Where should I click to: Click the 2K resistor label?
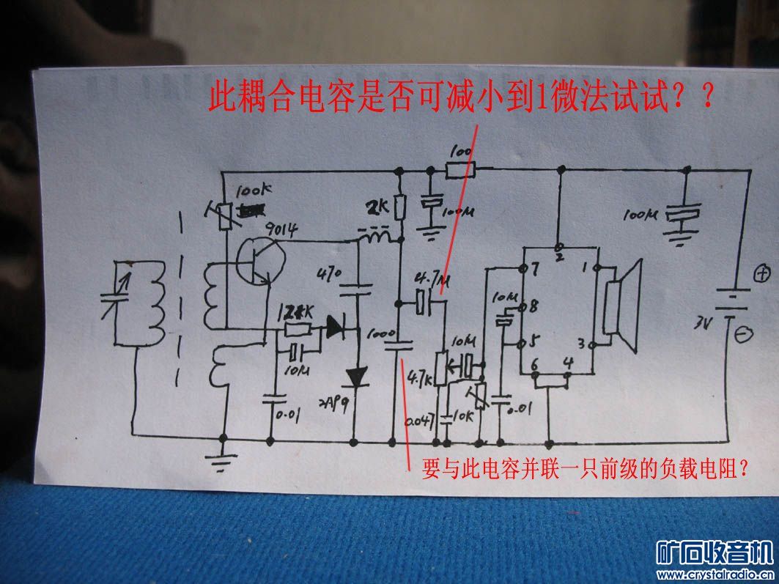point(380,207)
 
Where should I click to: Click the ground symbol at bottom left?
point(223,461)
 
